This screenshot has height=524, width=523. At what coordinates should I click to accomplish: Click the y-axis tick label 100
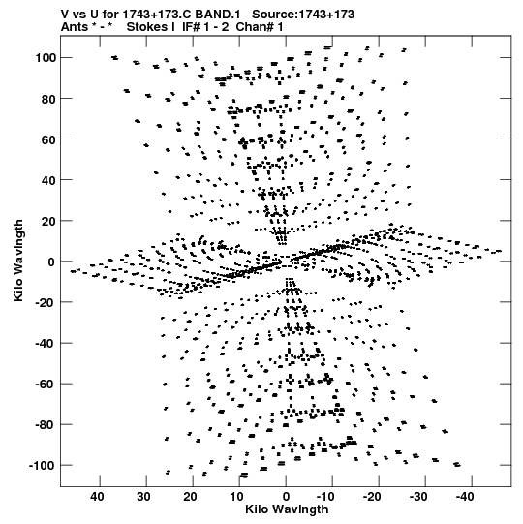click(x=46, y=58)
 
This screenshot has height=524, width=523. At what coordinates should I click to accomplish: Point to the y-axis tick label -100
click(x=43, y=465)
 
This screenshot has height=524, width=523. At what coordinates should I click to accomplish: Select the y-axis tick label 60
click(x=48, y=139)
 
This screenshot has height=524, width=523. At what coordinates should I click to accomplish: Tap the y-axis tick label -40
click(x=46, y=343)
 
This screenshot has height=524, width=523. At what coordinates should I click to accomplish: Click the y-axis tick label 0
click(x=51, y=262)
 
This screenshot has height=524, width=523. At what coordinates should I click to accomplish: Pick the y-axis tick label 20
click(x=48, y=221)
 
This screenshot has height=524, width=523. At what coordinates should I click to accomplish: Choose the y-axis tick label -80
click(x=46, y=425)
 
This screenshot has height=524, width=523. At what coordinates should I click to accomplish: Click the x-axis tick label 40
click(x=97, y=497)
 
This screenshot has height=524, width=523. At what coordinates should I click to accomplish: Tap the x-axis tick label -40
click(x=465, y=497)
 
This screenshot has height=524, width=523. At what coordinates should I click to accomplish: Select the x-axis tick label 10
click(x=236, y=497)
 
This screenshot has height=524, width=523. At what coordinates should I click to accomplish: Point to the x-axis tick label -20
click(x=372, y=497)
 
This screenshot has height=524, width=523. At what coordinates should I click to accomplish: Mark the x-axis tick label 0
click(x=286, y=497)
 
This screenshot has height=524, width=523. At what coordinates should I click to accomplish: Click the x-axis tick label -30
click(x=418, y=497)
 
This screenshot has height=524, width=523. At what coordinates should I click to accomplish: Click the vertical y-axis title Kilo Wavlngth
click(x=18, y=261)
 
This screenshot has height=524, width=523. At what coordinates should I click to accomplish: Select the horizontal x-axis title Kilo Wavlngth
click(x=287, y=509)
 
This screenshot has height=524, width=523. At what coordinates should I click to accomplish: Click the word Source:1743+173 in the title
click(x=303, y=15)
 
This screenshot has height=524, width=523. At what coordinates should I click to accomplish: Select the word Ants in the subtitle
click(x=75, y=27)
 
